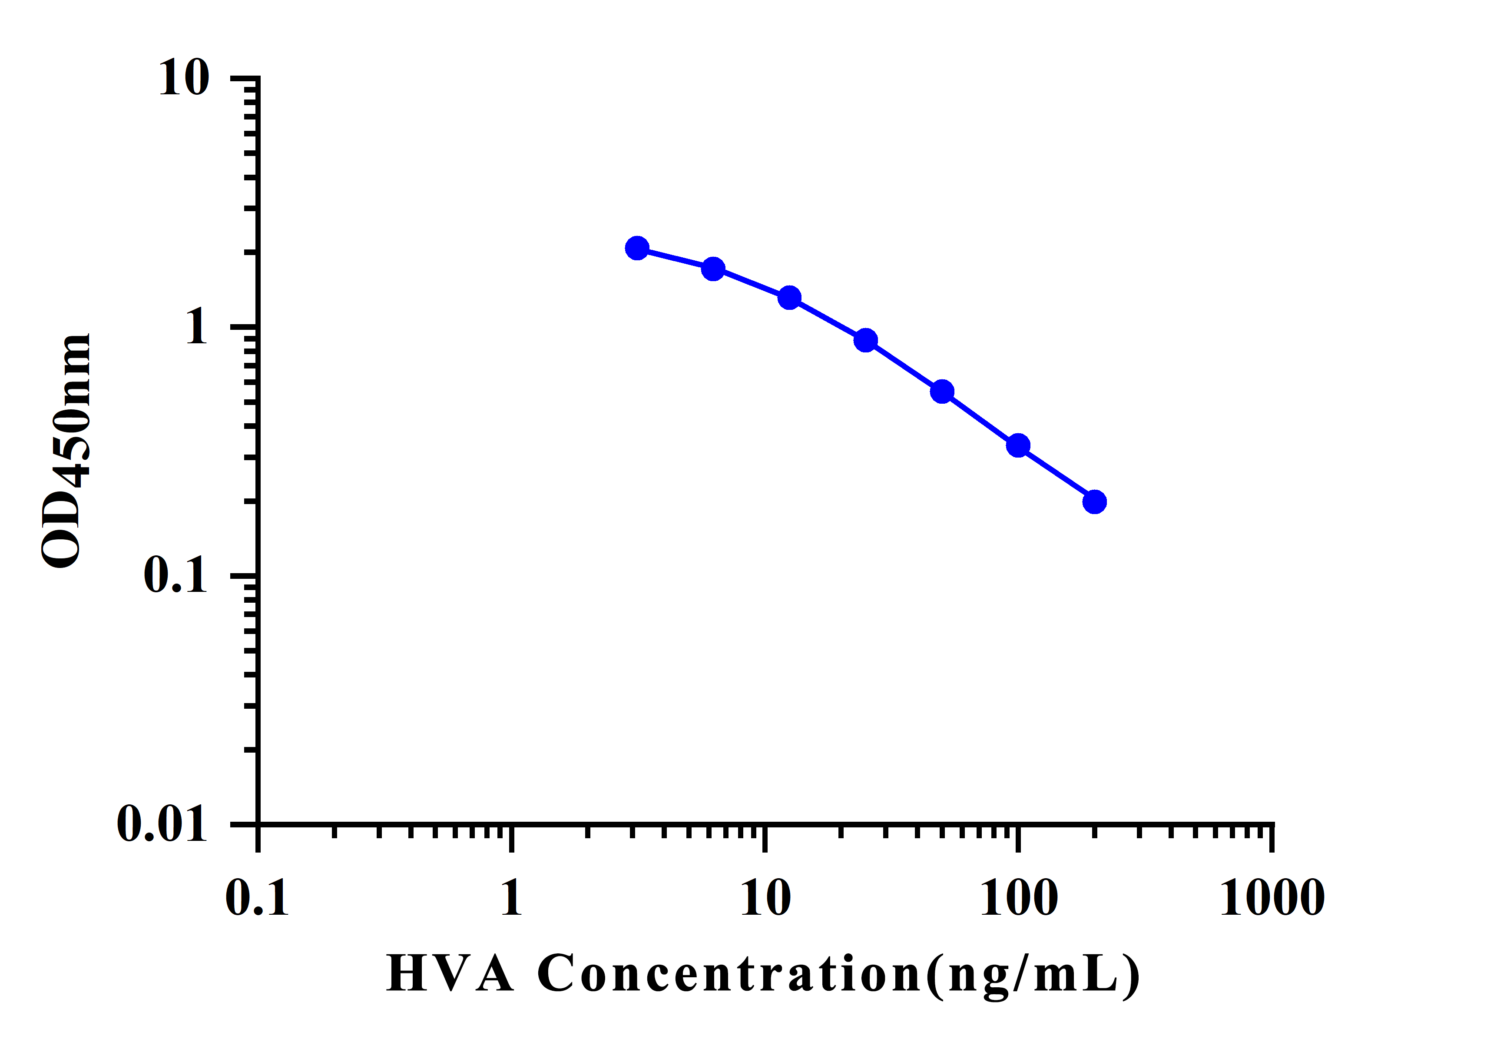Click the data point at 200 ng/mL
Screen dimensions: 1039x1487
point(1095,501)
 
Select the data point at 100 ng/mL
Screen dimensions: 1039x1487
point(1018,446)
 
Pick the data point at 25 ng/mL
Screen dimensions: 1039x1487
point(866,340)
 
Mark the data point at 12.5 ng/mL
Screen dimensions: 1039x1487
point(789,298)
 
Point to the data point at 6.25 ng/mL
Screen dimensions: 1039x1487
point(713,269)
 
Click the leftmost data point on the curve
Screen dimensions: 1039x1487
point(637,248)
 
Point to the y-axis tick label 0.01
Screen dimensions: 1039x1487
point(162,824)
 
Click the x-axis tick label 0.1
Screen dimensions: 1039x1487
point(257,899)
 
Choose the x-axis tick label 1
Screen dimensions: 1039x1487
point(511,899)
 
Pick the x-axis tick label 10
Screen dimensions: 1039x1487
point(765,899)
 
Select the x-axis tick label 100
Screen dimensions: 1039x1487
point(1019,899)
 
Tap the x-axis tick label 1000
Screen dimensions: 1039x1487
point(1273,899)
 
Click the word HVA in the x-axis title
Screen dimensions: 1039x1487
point(450,973)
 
